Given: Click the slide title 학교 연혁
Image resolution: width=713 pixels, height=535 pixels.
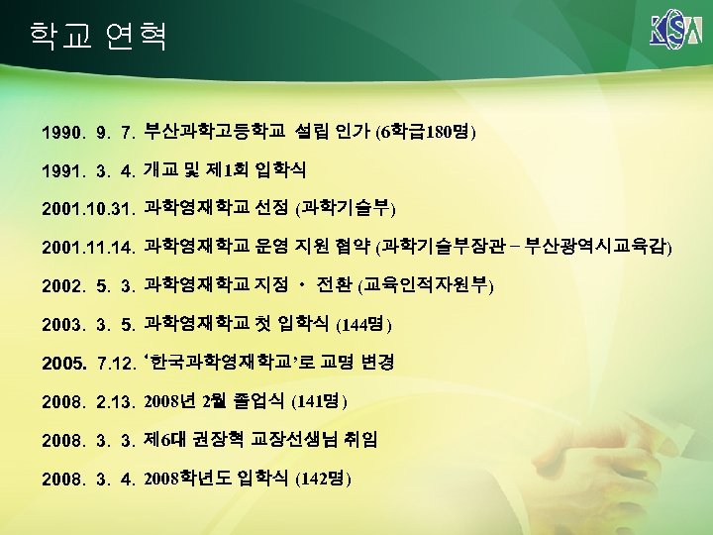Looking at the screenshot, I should click(x=98, y=36).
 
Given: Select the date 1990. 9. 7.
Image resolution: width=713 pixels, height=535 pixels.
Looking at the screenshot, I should click(x=88, y=132).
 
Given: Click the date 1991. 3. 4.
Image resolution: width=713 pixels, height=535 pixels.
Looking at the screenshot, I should click(x=88, y=170).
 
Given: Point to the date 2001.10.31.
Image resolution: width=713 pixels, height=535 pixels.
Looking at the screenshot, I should click(x=88, y=209).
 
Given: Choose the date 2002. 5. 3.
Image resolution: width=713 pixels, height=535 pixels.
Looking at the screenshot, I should click(x=88, y=286).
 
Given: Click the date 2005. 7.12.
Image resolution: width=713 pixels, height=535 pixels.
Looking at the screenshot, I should click(x=88, y=364).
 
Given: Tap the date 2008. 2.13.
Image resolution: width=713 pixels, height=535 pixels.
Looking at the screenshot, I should click(x=88, y=402).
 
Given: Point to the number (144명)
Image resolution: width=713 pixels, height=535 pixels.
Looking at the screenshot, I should click(x=364, y=324).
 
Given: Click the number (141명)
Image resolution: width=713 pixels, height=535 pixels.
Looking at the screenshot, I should click(x=322, y=401).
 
